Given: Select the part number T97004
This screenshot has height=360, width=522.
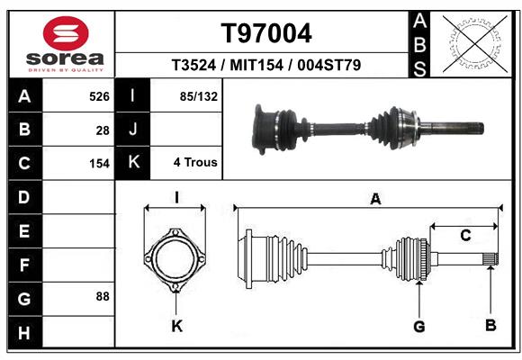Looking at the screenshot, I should [x=266, y=33].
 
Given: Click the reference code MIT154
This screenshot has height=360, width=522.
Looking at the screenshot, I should [x=266, y=66].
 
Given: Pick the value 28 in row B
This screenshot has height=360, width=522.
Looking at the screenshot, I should [x=103, y=130].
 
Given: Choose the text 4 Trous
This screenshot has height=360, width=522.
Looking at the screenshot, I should [x=195, y=163].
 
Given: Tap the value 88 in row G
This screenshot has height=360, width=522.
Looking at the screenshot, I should [x=102, y=295].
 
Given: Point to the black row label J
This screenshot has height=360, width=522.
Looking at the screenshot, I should [x=132, y=130].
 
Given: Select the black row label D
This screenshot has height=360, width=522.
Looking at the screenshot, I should [x=24, y=196].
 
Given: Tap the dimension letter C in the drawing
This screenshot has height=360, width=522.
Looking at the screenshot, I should [x=465, y=236].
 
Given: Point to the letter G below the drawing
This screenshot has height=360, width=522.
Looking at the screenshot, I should [x=418, y=326].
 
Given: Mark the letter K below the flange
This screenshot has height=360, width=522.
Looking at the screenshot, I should [x=176, y=326].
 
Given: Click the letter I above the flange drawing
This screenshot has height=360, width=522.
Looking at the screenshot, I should [x=176, y=198].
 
